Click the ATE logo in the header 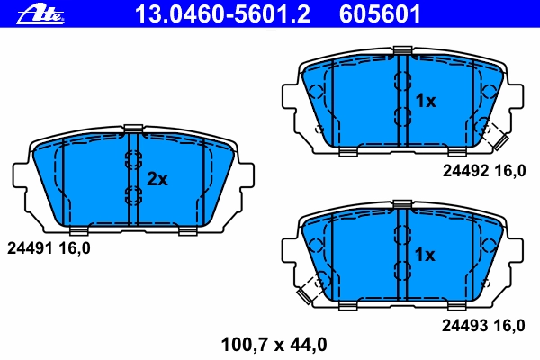point(40,15)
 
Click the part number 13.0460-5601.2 point(223,14)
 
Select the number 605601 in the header point(380,14)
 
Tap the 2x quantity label point(157,179)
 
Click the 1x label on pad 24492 point(426,101)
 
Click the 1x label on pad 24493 point(425,255)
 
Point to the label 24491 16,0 point(49,248)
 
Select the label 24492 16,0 point(484,171)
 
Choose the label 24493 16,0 point(483,326)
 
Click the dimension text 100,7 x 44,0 point(274,345)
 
